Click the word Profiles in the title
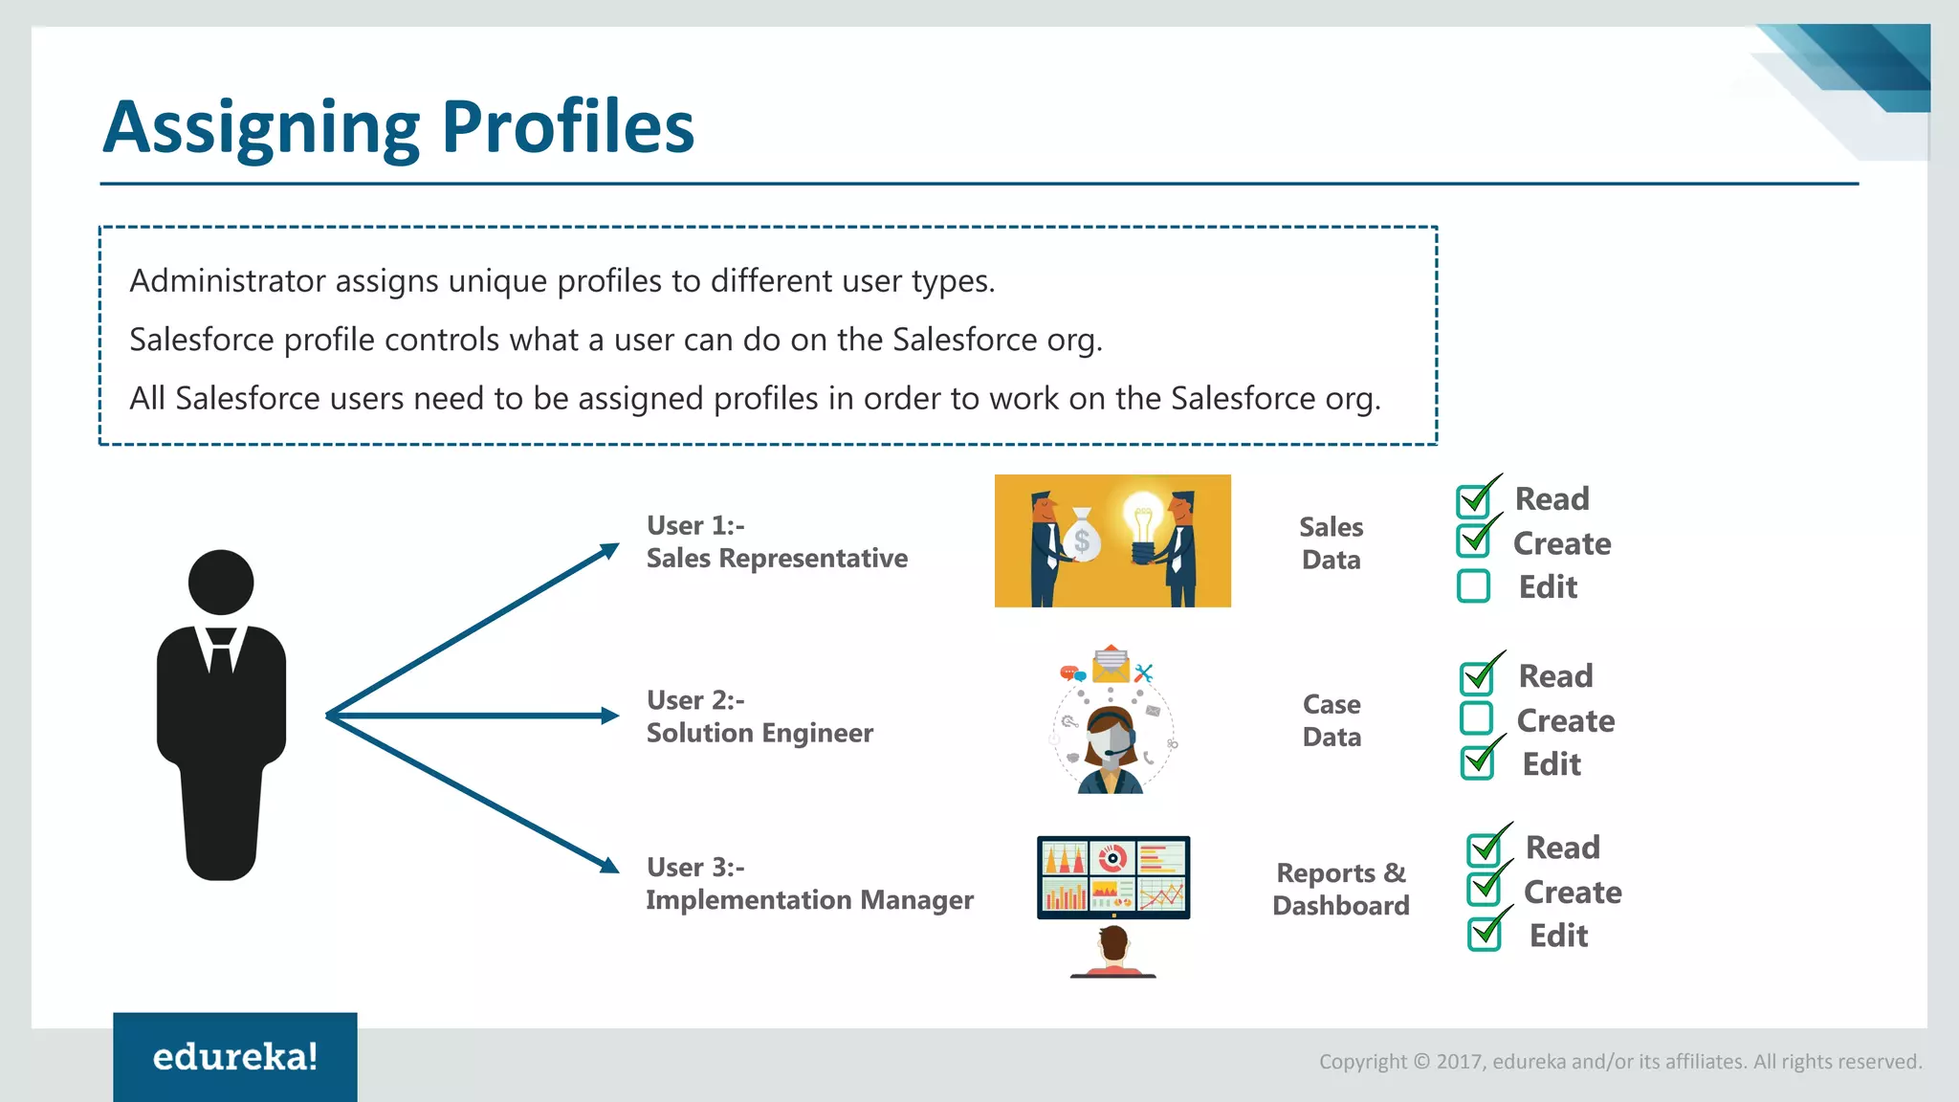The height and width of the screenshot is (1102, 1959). [x=567, y=127]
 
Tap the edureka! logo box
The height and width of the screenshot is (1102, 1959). [x=234, y=1056]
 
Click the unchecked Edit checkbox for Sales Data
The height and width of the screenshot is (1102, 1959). [x=1473, y=586]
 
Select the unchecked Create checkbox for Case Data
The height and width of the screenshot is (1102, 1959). [x=1476, y=718]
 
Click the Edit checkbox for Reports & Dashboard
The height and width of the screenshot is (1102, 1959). [x=1484, y=934]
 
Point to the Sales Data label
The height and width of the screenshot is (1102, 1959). [x=1331, y=543]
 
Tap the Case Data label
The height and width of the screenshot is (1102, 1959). [x=1332, y=720]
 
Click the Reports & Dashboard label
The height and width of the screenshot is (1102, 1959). [x=1340, y=889]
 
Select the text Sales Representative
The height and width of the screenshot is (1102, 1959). [x=777, y=559]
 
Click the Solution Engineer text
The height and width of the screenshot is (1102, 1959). [x=759, y=734]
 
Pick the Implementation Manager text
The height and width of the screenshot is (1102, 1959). [x=809, y=900]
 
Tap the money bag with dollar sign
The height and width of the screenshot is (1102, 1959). [x=1082, y=539]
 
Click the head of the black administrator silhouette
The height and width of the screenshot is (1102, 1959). [x=221, y=582]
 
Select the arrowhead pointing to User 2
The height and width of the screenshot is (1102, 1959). [x=608, y=716]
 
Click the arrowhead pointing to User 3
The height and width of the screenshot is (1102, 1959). [x=608, y=865]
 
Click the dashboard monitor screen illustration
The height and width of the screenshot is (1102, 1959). [x=1113, y=876]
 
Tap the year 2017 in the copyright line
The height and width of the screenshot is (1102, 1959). [x=1459, y=1062]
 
